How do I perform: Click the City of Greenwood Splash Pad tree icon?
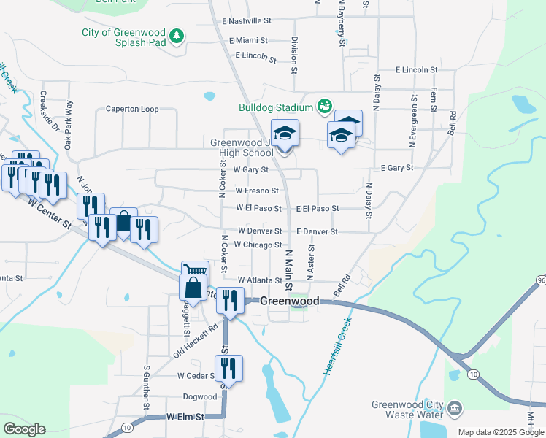176,36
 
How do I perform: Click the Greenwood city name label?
290,301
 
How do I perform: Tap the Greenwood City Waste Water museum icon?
455,407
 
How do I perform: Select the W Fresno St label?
256,191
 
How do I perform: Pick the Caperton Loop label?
132,109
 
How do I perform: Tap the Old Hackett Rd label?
196,339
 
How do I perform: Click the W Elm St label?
183,417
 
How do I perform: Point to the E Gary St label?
397,168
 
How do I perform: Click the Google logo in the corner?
25,429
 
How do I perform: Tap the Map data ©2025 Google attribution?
500,432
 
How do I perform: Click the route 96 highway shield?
540,280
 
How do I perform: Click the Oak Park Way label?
69,125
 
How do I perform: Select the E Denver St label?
317,231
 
